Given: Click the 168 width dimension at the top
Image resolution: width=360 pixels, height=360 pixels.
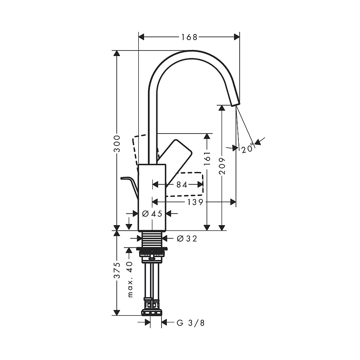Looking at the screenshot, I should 189,37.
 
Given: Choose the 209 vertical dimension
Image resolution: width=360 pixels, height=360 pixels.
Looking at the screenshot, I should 222,165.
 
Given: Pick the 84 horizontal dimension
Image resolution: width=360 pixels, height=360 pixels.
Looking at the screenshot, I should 182,184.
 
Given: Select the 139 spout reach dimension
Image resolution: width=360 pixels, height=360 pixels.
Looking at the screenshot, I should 195,202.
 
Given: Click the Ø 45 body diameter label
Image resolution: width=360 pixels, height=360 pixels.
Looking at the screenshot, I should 152,214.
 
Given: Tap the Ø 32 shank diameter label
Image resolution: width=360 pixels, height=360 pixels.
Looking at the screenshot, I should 187,239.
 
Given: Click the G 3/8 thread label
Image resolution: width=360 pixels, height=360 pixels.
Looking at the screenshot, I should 190,322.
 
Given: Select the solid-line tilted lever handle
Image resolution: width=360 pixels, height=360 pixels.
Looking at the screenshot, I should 174,152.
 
